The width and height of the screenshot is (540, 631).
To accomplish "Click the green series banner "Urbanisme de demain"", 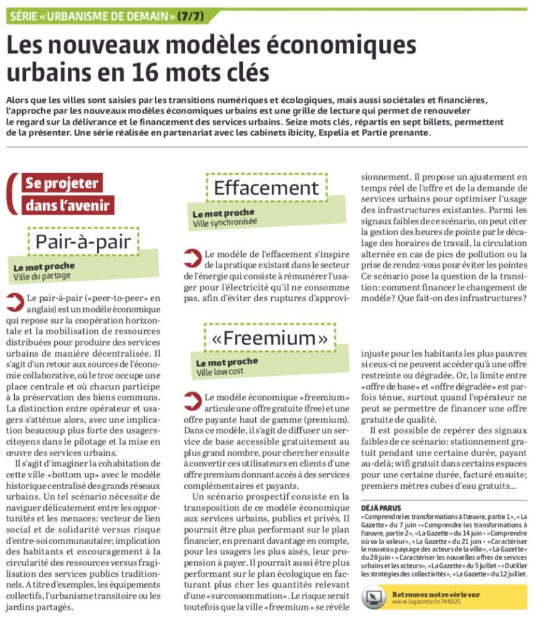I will (92, 16).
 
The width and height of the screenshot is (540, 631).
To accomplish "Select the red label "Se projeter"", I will (61, 184).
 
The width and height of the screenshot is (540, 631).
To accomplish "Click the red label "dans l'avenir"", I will (68, 205).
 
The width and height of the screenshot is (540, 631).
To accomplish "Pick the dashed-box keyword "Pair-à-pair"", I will (83, 242).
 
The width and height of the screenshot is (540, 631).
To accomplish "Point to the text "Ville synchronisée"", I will (225, 222).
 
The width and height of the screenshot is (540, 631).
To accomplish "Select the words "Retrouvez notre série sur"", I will (436, 594).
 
